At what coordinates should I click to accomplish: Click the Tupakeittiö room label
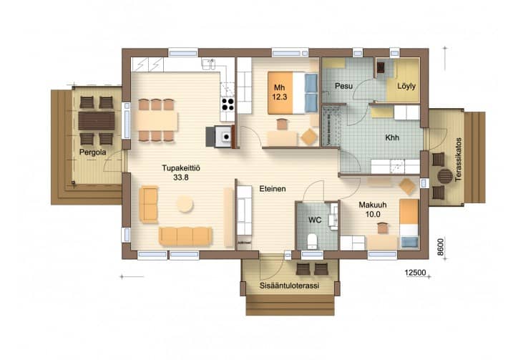point(181,168)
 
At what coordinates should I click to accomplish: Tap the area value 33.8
point(181,177)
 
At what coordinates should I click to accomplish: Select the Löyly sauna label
point(406,87)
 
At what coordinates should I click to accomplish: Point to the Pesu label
point(343,86)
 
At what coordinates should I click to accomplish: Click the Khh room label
point(392,137)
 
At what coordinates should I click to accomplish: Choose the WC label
point(315,220)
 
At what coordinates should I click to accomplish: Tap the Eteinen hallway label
point(273,189)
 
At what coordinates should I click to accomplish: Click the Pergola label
point(92,152)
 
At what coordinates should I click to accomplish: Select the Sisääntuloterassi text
point(289,286)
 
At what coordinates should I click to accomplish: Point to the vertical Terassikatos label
point(458,160)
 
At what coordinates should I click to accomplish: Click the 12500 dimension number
point(415,273)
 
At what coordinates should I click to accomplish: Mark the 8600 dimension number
point(441,247)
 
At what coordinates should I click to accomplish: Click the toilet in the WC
point(312,241)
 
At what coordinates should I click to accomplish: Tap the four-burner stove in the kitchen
point(228,104)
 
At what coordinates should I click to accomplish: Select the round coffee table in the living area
point(185,204)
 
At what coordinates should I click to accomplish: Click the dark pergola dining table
point(97,121)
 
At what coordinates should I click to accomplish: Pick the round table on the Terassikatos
point(445,175)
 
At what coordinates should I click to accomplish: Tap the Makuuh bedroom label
point(373,205)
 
